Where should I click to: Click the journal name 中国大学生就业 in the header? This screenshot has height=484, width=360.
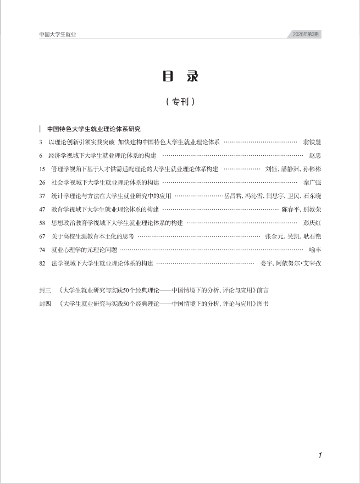point(58,34)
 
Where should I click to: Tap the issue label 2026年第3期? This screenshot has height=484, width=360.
point(306,34)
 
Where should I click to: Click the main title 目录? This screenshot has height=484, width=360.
point(180,76)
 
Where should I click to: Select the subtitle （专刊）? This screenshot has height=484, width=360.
point(180,102)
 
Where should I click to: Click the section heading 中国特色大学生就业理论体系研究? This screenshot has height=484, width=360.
point(93,129)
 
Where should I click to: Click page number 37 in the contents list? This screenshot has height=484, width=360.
point(43,196)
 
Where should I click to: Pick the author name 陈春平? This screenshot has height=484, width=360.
point(290,209)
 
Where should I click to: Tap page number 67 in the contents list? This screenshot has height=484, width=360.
point(43,236)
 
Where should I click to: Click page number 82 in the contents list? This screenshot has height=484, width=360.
point(43,263)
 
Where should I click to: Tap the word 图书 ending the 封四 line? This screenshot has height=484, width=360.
point(263,303)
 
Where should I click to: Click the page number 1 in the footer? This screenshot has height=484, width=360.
point(319,455)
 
